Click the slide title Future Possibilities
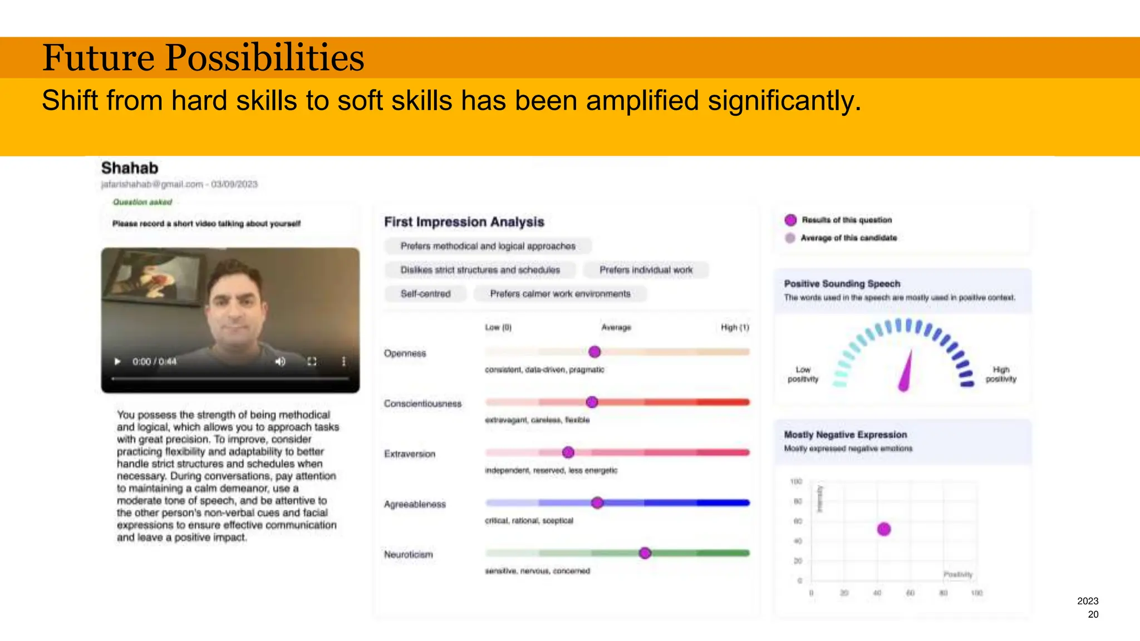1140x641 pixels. click(203, 58)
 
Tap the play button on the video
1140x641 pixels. click(117, 362)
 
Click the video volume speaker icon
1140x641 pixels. click(280, 362)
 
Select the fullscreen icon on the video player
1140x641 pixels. click(312, 362)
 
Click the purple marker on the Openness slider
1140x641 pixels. click(594, 352)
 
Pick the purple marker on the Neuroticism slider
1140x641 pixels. click(645, 553)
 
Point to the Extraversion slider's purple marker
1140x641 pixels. click(568, 452)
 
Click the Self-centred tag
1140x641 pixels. click(425, 294)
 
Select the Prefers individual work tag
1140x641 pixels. click(646, 270)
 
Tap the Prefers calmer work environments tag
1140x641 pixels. click(560, 294)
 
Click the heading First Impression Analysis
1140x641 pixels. click(464, 222)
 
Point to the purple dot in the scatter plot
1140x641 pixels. click(884, 529)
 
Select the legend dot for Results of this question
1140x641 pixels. click(790, 220)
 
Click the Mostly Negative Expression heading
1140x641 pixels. click(845, 435)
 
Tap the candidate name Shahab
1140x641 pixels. click(130, 168)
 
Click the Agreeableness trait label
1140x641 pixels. click(415, 504)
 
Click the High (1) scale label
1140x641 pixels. click(735, 327)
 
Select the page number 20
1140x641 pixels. click(1093, 614)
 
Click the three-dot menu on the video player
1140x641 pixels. click(343, 362)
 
